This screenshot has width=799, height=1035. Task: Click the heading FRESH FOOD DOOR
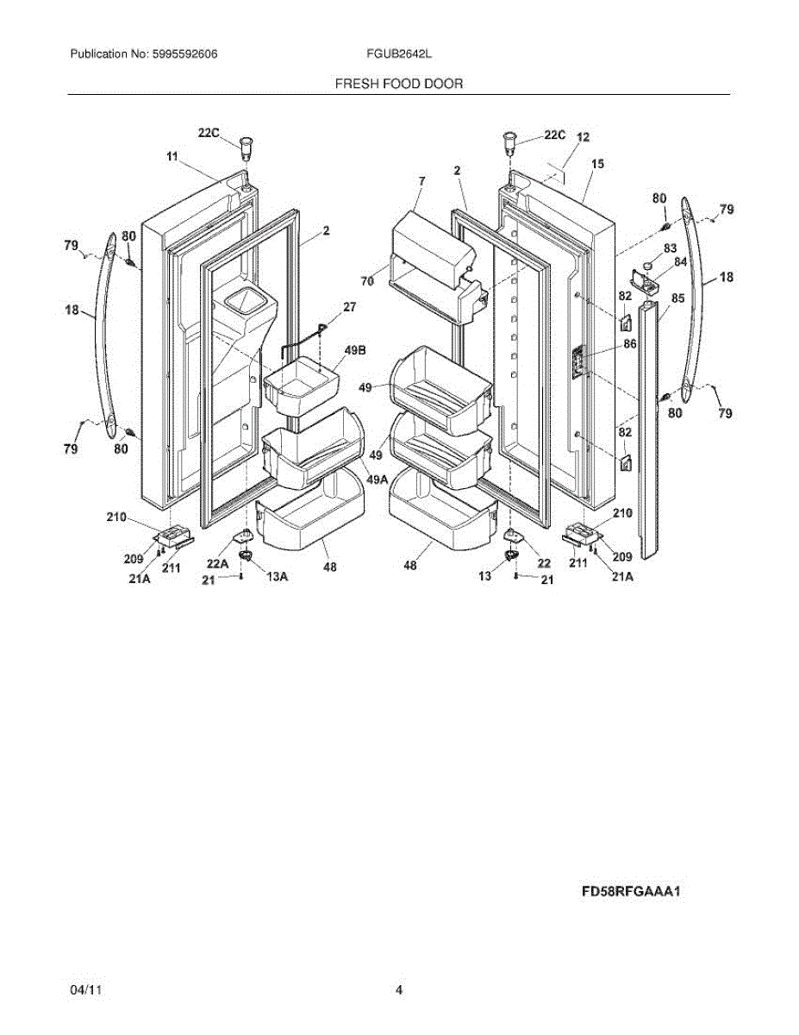pos(398,84)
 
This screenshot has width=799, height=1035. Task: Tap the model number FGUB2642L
pos(398,53)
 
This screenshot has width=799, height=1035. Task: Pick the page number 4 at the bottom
pos(399,991)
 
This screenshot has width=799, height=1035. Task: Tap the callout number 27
pos(349,306)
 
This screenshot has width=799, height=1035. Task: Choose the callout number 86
pos(630,343)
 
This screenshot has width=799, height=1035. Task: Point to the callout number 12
pos(583,137)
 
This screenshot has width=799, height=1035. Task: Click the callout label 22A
pos(217,564)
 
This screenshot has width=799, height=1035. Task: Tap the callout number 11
pos(172,156)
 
